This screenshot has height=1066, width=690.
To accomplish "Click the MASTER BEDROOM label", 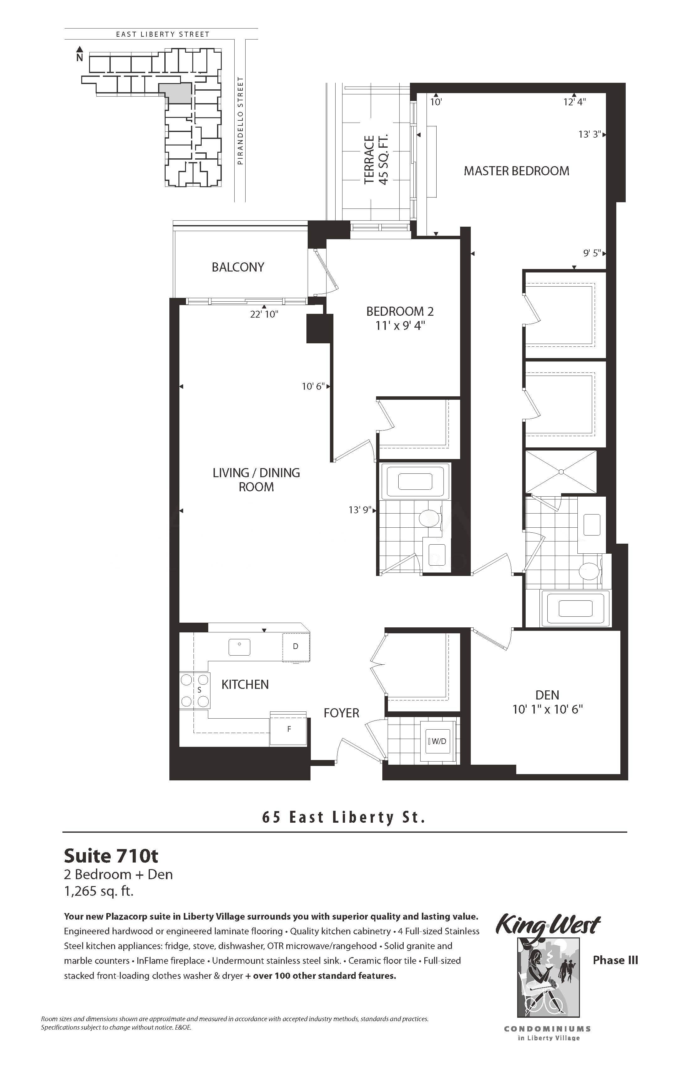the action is pos(516,171).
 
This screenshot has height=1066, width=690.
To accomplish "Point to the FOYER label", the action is pos(342,713).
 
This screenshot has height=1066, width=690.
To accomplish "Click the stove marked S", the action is pos(195,690).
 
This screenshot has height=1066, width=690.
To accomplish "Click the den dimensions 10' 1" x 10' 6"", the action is pos(548,710).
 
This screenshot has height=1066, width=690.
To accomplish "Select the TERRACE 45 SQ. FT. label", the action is pos(375,160).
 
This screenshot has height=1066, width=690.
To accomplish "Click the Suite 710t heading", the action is pos(111,856).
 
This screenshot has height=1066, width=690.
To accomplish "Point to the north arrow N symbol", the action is pos(80,54).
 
